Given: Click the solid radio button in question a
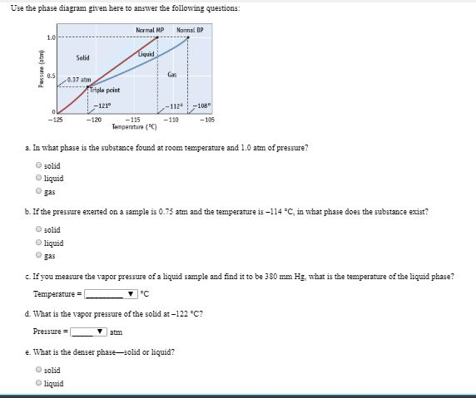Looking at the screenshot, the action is click(38, 166).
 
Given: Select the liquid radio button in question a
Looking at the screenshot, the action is click(38, 178).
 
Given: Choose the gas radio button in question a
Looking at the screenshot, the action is click(38, 190).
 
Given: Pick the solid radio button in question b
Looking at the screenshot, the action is click(38, 230).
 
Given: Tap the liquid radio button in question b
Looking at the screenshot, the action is click(38, 243).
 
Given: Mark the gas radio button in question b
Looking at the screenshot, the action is click(38, 256).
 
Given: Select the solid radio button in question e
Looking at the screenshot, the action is click(38, 371).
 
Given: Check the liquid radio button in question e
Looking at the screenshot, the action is click(38, 383).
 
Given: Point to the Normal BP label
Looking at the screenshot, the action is click(191, 31).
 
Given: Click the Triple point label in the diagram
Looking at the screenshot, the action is click(103, 90).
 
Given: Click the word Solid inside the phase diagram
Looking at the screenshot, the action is click(82, 57).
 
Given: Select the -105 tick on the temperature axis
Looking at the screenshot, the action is click(208, 120).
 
